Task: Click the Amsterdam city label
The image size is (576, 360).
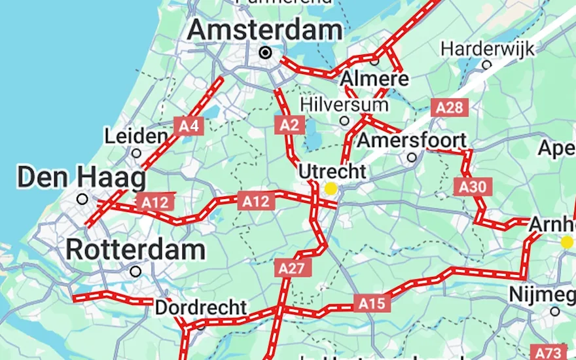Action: (x=264, y=30)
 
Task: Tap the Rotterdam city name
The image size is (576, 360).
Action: (x=135, y=249)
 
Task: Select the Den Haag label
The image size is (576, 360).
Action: (x=81, y=177)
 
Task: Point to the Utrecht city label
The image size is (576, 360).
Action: (x=332, y=171)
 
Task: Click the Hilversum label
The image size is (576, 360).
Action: (x=344, y=105)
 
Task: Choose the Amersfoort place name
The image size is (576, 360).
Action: (x=412, y=140)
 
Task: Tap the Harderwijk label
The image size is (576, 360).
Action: (x=487, y=48)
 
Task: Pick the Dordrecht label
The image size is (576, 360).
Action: (x=201, y=307)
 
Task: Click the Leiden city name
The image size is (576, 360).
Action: (x=135, y=136)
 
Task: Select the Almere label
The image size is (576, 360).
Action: (x=374, y=79)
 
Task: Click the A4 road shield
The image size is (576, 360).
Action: (x=188, y=126)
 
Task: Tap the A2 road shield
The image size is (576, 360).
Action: (x=289, y=124)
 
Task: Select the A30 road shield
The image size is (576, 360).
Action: (x=472, y=187)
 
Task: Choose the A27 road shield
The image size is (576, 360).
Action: (x=291, y=268)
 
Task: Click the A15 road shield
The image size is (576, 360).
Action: (x=372, y=302)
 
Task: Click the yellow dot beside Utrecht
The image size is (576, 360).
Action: (x=331, y=189)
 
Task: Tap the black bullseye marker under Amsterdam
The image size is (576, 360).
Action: (x=266, y=52)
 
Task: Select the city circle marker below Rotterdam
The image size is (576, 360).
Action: (x=135, y=271)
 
